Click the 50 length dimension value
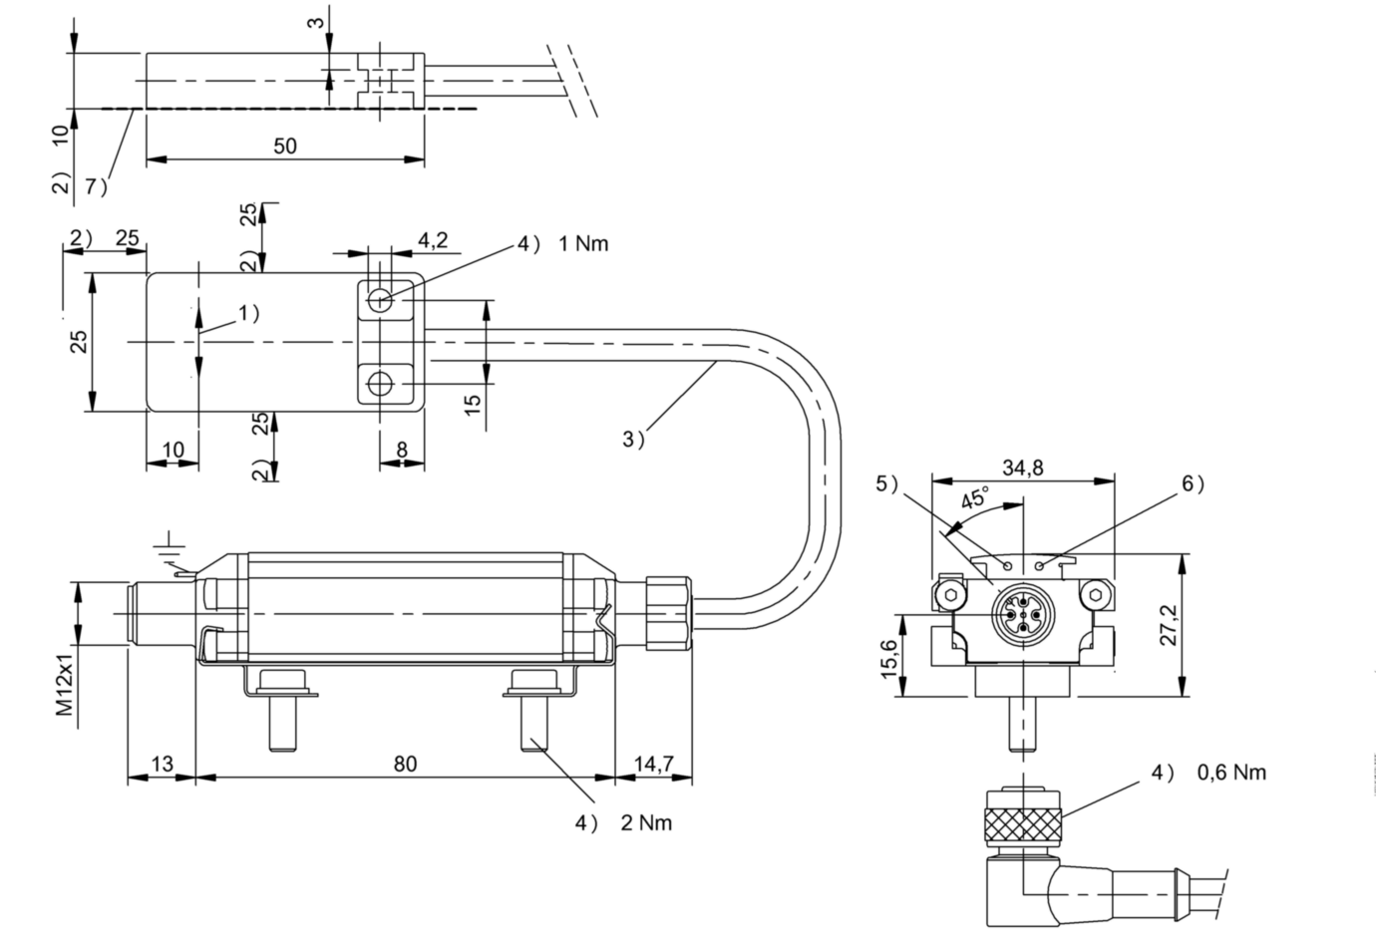tap(285, 146)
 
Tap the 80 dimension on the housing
tap(404, 765)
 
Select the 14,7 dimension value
tap(654, 765)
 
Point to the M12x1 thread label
tap(65, 684)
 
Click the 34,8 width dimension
tap(1023, 468)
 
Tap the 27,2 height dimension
tap(1170, 625)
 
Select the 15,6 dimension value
tap(888, 659)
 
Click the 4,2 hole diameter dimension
tap(433, 240)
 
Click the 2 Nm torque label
tap(645, 822)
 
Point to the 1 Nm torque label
tap(583, 243)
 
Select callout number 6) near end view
tap(1193, 483)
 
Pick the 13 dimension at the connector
tap(161, 765)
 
